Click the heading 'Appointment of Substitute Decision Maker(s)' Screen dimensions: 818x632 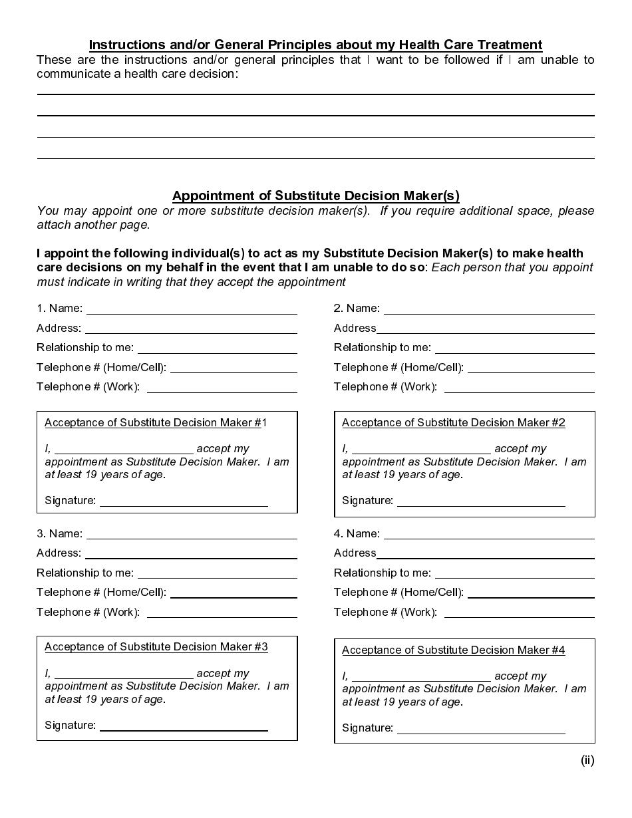tap(315, 196)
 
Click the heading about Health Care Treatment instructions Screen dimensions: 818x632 tap(315, 45)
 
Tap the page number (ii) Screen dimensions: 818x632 tap(587, 760)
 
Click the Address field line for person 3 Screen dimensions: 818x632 tap(191, 557)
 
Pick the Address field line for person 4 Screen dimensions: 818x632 tap(485, 557)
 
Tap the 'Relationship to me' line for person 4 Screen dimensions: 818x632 tap(514, 576)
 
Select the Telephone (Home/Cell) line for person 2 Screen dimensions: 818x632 tap(531, 371)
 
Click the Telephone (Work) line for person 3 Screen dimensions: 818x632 tap(222, 616)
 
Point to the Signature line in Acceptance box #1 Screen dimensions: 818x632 tap(184, 505)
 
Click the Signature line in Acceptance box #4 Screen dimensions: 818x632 tap(481, 732)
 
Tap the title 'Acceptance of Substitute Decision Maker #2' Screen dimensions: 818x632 tap(453, 423)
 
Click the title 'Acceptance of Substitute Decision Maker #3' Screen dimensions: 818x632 tap(156, 647)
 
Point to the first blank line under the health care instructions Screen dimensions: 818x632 tap(315, 94)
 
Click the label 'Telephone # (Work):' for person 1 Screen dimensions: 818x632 tap(88, 387)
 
